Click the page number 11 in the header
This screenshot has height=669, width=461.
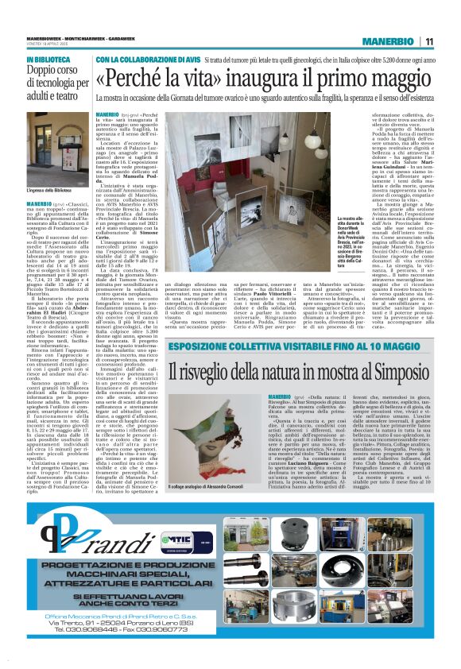click(428, 41)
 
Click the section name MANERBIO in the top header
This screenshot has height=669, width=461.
click(387, 41)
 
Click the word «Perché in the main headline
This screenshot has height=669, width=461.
click(130, 79)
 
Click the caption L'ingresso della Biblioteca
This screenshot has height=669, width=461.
click(49, 191)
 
